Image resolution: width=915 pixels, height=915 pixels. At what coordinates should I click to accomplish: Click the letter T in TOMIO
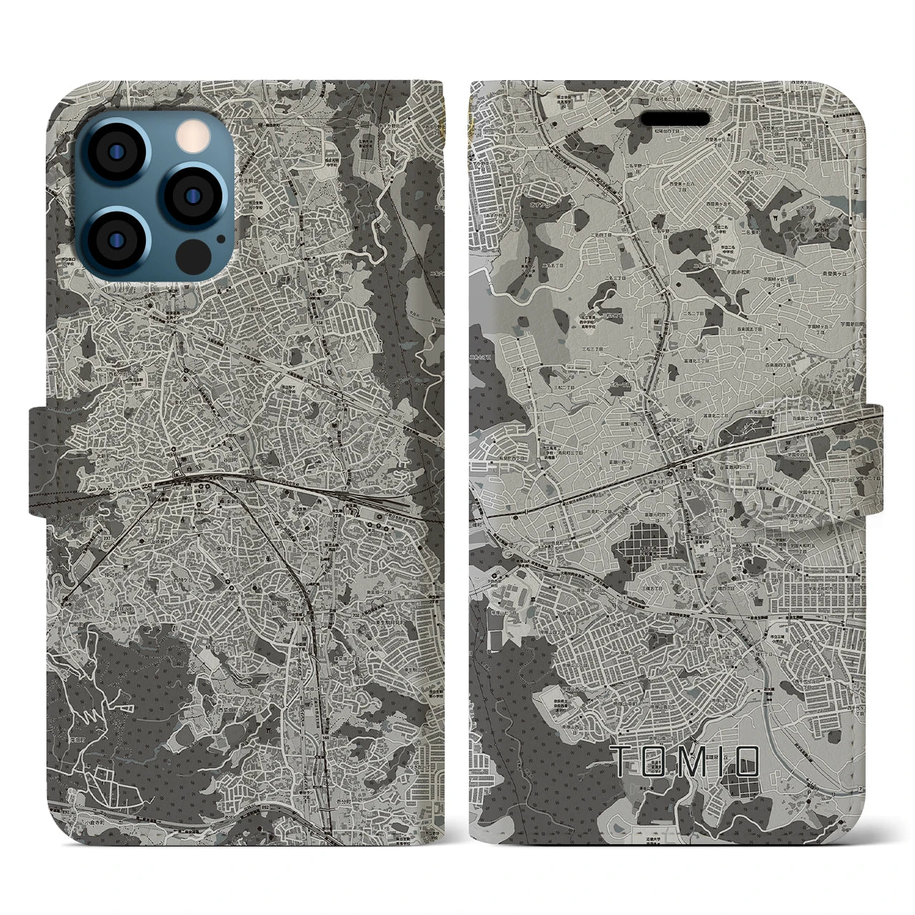[x=624, y=761]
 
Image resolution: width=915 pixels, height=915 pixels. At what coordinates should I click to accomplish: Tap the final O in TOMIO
[x=743, y=761]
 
